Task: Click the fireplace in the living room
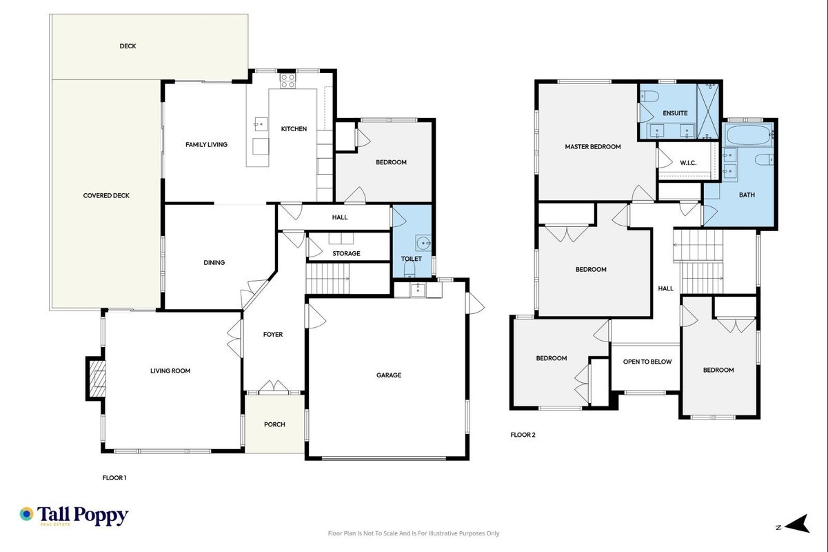(97, 379)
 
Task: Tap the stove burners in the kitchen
(287, 81)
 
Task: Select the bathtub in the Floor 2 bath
(748, 135)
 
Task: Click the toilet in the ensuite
(649, 97)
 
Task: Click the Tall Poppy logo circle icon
(27, 514)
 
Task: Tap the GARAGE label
(389, 375)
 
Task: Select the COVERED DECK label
(106, 195)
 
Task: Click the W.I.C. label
(688, 163)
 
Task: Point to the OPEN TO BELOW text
(647, 362)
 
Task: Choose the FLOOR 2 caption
(523, 435)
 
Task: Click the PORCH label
(274, 424)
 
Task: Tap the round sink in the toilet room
(423, 243)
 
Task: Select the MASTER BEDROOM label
(592, 146)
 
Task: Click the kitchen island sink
(261, 124)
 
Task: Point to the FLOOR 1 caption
(114, 477)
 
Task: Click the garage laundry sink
(418, 290)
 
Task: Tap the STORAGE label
(346, 253)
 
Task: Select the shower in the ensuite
(707, 111)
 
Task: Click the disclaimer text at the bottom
(414, 533)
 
